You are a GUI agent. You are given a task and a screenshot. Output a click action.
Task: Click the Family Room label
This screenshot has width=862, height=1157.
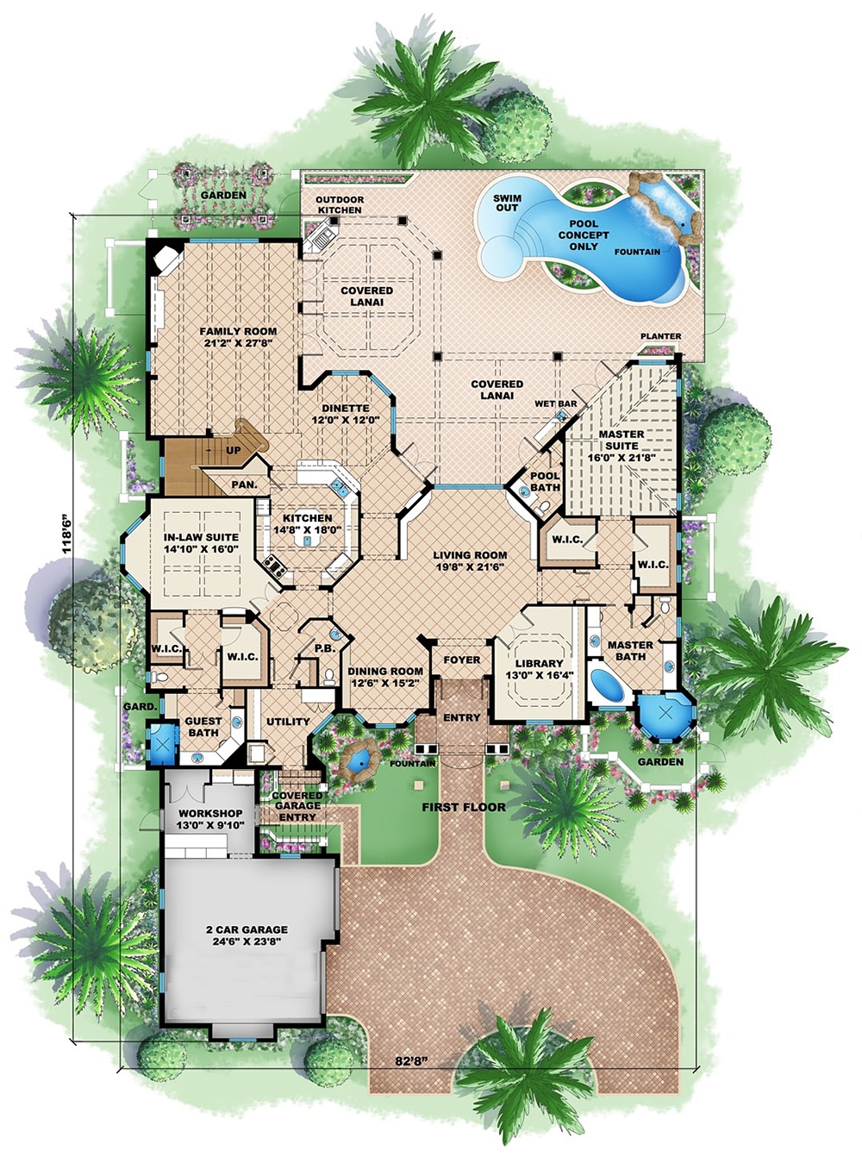coord(238,331)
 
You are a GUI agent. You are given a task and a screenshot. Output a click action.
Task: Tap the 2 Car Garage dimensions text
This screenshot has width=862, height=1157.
coord(247,941)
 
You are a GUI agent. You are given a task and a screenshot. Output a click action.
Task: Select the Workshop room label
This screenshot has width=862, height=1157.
coord(210,813)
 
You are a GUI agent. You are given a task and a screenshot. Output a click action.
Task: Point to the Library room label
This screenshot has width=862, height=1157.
coord(539,664)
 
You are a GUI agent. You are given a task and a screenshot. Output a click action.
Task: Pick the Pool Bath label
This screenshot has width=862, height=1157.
coord(545,481)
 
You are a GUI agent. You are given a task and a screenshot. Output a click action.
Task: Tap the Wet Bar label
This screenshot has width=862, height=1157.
coord(556,403)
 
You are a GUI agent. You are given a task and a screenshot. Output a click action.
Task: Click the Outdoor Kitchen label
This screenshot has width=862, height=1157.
coord(340,204)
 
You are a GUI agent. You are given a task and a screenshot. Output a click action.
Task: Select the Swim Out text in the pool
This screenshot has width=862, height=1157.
coord(507,203)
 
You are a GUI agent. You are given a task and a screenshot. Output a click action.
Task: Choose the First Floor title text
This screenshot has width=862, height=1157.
coord(463,807)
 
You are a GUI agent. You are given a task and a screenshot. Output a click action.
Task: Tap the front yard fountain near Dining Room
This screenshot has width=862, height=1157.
coord(358,758)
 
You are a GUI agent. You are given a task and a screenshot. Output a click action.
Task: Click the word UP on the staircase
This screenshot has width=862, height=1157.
coord(234,450)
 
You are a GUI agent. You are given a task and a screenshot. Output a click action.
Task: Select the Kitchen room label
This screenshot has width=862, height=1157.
coord(307,518)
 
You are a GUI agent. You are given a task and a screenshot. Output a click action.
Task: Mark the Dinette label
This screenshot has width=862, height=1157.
coord(345,408)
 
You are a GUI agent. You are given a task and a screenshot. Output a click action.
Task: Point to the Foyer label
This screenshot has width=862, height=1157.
coord(462,660)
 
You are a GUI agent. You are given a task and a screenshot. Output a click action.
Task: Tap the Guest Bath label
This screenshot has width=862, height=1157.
coord(203,727)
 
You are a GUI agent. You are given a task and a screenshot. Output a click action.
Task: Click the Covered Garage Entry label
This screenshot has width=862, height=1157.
coord(297,805)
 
